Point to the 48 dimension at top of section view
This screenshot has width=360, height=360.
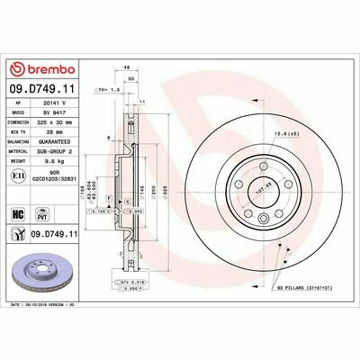click(128, 67)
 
